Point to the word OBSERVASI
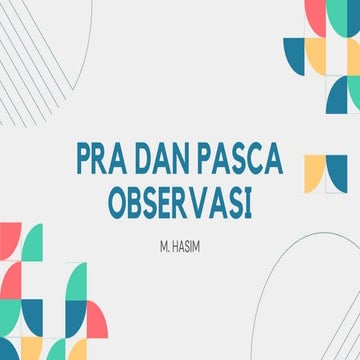point(180,200)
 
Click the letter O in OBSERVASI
point(117,200)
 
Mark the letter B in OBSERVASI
point(135,200)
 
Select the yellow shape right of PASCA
point(314,172)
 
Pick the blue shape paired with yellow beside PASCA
point(337,171)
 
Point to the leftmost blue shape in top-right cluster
point(294,55)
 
